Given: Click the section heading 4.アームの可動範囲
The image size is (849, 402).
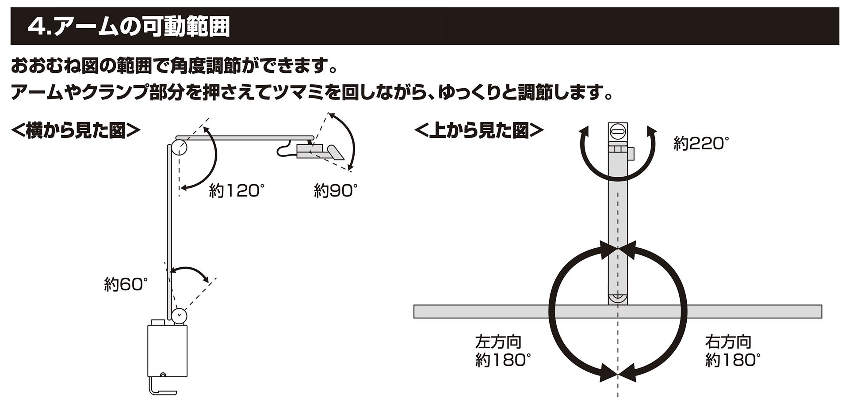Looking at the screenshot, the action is click(x=128, y=27).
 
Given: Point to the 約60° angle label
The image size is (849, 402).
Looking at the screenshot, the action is click(x=126, y=284).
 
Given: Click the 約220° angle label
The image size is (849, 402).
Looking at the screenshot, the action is click(x=701, y=144).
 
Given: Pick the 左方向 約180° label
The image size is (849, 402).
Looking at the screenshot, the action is click(x=502, y=352).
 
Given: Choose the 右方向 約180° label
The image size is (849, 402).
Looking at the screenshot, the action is click(x=733, y=352).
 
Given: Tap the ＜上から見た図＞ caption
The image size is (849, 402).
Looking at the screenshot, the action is click(x=479, y=131).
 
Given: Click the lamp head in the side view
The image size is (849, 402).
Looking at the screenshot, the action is click(x=321, y=151).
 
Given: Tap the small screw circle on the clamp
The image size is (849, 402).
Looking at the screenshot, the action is click(x=163, y=375).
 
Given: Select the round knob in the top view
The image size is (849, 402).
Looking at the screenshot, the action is click(x=617, y=131).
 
